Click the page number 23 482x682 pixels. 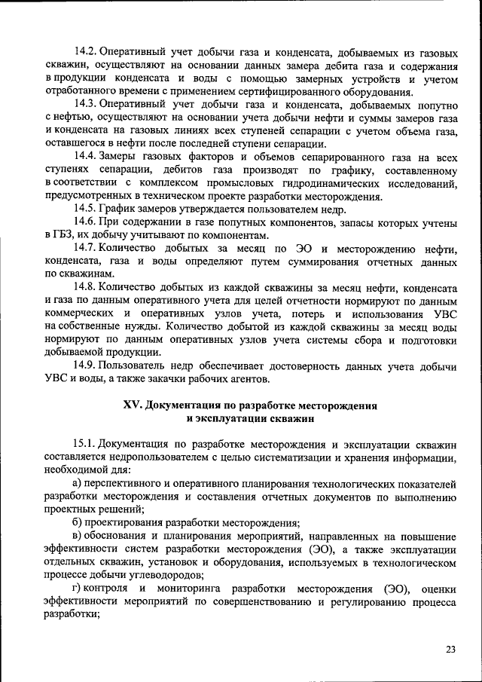(x=450, y=649)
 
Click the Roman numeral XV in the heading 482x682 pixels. (x=133, y=405)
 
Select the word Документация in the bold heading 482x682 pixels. (x=185, y=405)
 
